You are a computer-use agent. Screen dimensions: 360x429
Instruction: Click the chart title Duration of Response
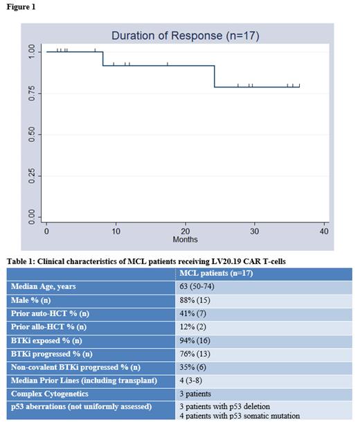tap(185, 36)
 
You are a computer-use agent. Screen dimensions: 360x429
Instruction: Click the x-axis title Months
tap(185, 239)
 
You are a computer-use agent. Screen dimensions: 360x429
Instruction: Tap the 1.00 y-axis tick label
tap(31, 52)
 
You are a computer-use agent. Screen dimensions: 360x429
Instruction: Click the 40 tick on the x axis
tap(324, 231)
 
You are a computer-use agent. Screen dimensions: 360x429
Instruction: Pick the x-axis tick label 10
tap(116, 231)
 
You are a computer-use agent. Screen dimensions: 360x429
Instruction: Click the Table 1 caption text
tap(147, 261)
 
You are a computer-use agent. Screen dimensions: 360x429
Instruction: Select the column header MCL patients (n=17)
tap(216, 274)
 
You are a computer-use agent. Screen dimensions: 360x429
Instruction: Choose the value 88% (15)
tap(196, 300)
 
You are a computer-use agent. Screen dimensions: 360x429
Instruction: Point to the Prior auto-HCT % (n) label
tap(51, 313)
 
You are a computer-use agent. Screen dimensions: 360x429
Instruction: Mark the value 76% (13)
tap(196, 353)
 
